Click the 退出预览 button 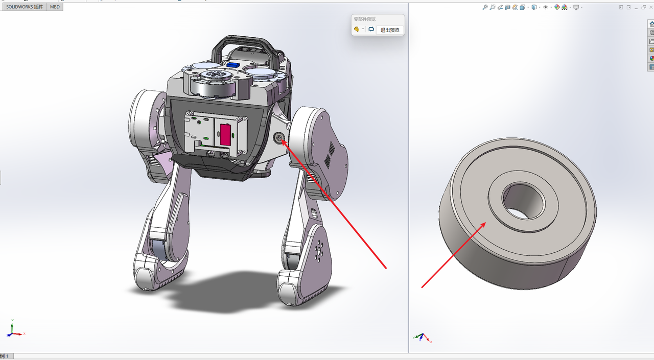(390, 30)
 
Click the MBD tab (55, 7)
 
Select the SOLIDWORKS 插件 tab (25, 7)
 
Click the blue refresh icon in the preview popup (371, 29)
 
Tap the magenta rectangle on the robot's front (225, 134)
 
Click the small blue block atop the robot (233, 65)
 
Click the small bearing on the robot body (279, 138)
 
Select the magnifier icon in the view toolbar (485, 7)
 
